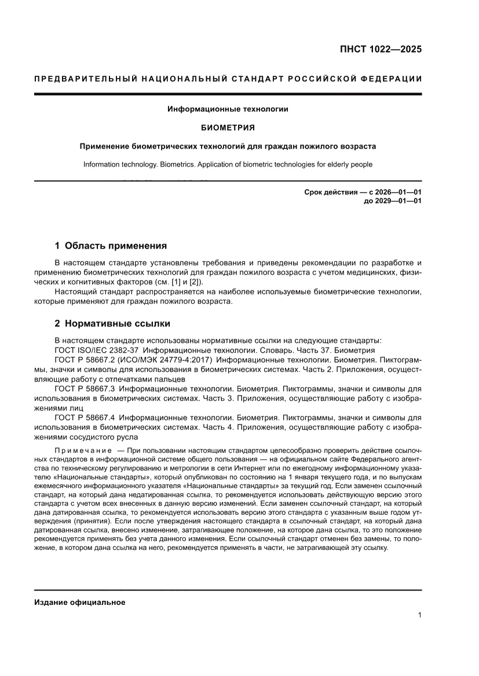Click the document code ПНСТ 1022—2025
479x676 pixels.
tap(381, 49)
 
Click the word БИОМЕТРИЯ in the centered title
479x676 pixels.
tap(228, 127)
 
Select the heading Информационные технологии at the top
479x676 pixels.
tap(228, 109)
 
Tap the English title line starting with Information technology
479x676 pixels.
tap(228, 164)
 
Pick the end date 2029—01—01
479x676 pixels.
tap(398, 201)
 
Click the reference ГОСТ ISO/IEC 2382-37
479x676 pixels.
tap(97, 350)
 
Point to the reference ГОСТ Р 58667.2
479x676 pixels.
tap(85, 359)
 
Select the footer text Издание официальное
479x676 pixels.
tap(80, 602)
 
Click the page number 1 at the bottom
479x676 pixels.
tap(419, 615)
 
